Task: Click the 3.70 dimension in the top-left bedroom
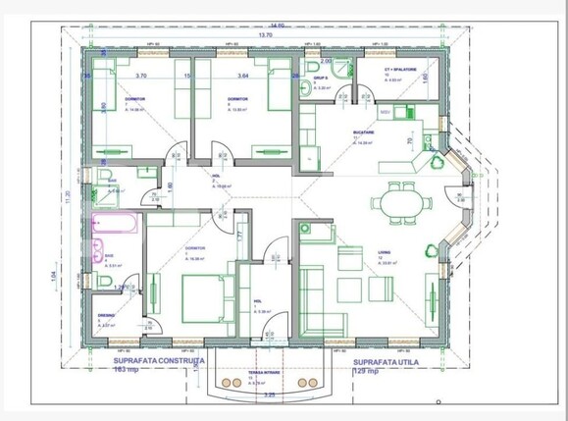click(141, 75)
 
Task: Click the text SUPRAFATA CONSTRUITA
click(152, 361)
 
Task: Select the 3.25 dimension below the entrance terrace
click(270, 395)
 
